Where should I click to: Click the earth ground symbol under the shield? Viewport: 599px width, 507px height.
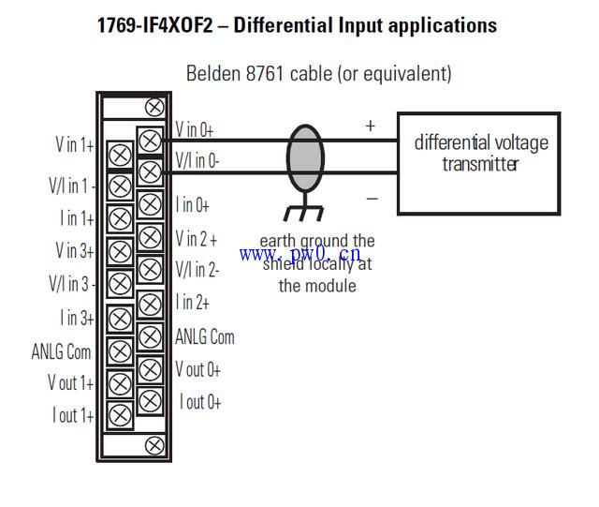pos(303,213)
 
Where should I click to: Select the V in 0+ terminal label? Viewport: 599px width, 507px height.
pos(195,130)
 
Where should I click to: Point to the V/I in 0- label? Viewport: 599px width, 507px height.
pos(197,161)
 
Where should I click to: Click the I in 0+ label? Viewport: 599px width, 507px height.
pos(193,204)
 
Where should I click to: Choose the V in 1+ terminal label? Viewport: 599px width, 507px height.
pos(74,144)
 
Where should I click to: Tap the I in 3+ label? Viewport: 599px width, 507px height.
pos(77,319)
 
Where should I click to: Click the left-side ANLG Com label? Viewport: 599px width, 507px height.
pos(62,351)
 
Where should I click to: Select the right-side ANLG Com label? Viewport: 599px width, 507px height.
pos(205,336)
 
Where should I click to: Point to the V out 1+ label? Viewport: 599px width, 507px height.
pos(70,382)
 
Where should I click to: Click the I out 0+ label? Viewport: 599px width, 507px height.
pos(200,402)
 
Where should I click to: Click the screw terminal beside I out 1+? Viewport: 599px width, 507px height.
pos(120,415)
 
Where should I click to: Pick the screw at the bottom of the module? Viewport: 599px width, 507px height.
pos(153,446)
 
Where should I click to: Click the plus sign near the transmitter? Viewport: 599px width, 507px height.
pos(370,125)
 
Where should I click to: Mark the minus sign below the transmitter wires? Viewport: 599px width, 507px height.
pos(372,198)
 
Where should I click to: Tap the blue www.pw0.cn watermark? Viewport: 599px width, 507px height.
pos(299,254)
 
